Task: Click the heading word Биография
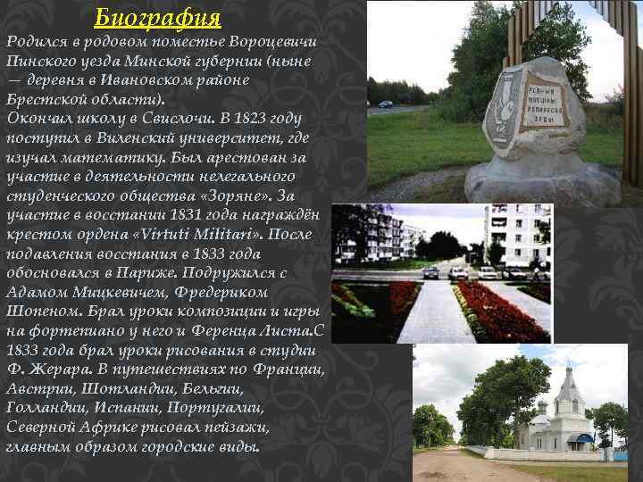coord(157,17)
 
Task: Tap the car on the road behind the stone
coord(385,104)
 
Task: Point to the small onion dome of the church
coord(541,406)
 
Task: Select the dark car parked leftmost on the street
coord(430,271)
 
